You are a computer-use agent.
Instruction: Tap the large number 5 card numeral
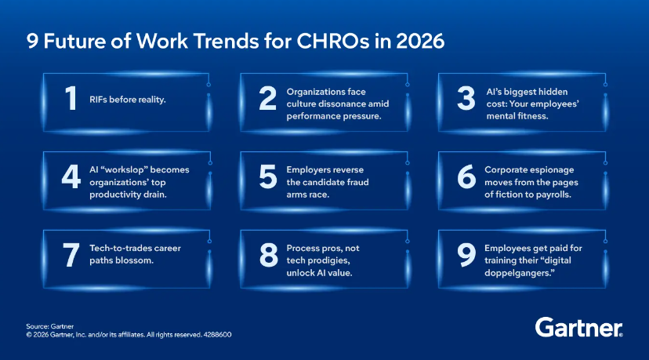point(267,177)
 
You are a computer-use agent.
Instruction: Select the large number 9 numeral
point(465,253)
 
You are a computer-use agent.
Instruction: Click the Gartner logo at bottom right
point(579,327)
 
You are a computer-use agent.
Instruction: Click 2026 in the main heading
point(417,40)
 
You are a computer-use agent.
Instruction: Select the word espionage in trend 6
point(549,169)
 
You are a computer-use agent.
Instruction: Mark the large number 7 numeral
point(71,253)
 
